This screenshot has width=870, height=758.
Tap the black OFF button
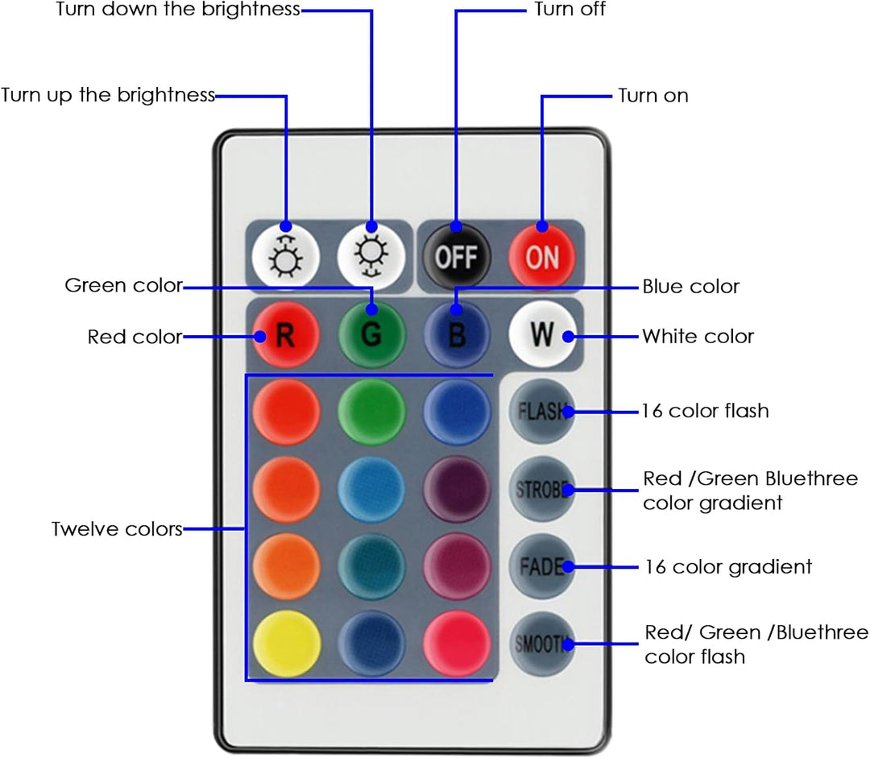pyautogui.click(x=457, y=256)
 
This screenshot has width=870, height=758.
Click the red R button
pyautogui.click(x=286, y=334)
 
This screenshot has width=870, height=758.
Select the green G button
pyautogui.click(x=371, y=334)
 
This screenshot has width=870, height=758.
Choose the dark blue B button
pyautogui.click(x=457, y=334)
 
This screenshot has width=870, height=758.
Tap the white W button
pyautogui.click(x=542, y=334)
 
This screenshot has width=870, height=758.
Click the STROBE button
pyautogui.click(x=542, y=489)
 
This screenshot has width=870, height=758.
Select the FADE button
pyautogui.click(x=542, y=566)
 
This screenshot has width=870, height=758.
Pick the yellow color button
pyautogui.click(x=286, y=644)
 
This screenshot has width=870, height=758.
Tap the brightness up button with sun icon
pyautogui.click(x=286, y=256)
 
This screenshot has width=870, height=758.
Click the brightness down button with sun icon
pyautogui.click(x=371, y=256)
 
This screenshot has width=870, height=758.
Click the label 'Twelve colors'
pyautogui.click(x=117, y=528)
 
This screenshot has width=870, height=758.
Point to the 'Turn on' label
pyautogui.click(x=653, y=95)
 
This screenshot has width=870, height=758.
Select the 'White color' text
pyautogui.click(x=698, y=336)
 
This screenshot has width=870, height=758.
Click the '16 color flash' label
pyautogui.click(x=705, y=411)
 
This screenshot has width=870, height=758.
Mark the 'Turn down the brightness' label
pyautogui.click(x=178, y=9)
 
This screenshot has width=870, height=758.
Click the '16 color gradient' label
pyautogui.click(x=728, y=566)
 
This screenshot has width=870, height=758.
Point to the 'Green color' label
pyautogui.click(x=124, y=285)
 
